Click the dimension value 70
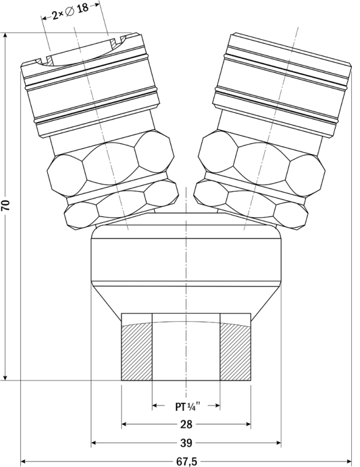tap(6, 205)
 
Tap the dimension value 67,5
tap(186, 462)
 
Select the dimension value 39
tap(186, 443)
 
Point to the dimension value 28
tap(186, 424)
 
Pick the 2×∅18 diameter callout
tap(70, 12)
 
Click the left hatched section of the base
tap(137, 352)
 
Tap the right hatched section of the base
tap(235, 352)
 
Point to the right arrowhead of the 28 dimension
tap(248, 424)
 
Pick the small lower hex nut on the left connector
tap(121, 205)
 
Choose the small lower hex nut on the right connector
tap(251, 205)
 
